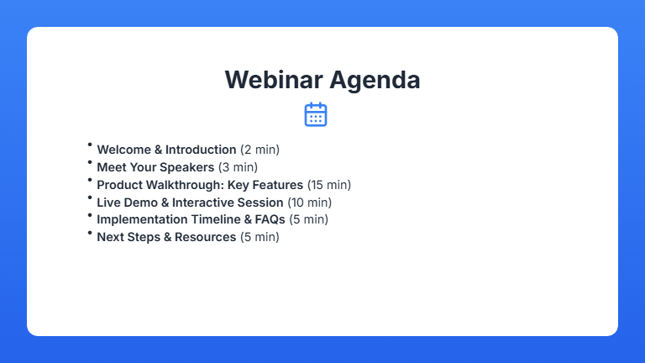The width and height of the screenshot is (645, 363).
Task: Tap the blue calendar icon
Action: pos(316,114)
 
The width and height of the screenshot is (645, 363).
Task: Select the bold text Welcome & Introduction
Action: pos(166,150)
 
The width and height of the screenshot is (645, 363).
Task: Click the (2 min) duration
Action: pos(260,150)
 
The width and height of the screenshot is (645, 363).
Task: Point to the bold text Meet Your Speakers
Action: pos(155,167)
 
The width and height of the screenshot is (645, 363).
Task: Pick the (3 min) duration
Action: pos(238,167)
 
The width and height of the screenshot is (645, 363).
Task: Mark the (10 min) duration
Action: pos(309,203)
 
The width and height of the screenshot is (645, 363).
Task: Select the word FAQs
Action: pos(269,219)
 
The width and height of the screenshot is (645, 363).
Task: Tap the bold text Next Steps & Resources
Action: pos(166,237)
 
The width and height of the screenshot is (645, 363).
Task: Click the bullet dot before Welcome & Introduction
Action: pos(90,145)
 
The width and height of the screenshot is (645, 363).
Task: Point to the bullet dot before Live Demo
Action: pos(90,197)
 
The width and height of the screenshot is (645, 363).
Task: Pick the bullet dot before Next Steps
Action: pos(90,232)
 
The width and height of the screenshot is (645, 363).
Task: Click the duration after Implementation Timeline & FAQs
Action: pos(308,219)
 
